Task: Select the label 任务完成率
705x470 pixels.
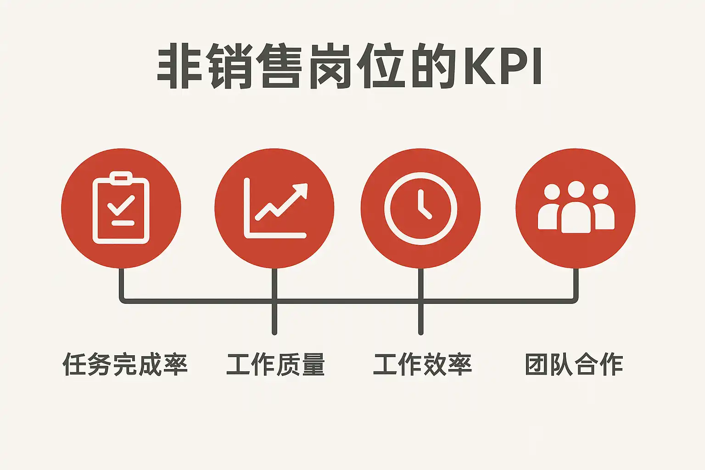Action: [x=125, y=364]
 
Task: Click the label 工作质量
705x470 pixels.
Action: [x=275, y=364]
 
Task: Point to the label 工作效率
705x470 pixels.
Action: [x=422, y=364]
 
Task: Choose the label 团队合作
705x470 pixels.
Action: [x=574, y=364]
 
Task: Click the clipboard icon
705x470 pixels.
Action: [x=121, y=208]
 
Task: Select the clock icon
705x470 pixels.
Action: [x=420, y=208]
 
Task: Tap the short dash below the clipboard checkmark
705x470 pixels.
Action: [x=123, y=223]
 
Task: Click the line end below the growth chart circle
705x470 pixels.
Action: [x=274, y=333]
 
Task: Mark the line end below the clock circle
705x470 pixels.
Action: [x=421, y=333]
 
